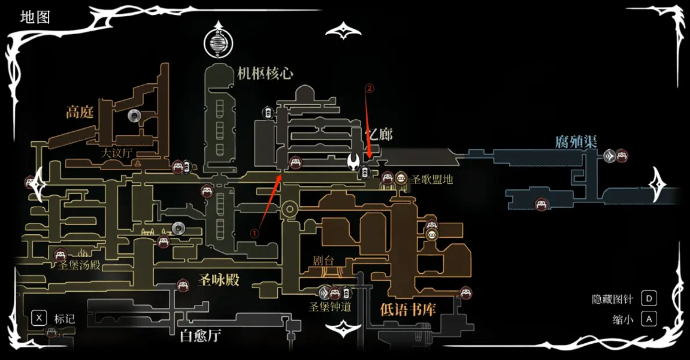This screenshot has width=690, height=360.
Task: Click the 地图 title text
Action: coord(35,17)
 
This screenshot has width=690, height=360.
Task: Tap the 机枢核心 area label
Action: coord(265,73)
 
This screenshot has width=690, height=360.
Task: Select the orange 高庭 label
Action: coord(79,112)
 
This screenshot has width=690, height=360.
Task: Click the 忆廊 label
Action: coord(379,135)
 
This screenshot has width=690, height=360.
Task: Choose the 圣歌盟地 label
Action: coord(432,179)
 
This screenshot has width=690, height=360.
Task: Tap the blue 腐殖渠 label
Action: coord(576,142)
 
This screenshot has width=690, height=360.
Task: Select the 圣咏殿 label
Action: coord(218,280)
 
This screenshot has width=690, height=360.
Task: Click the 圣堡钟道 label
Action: coord(331,307)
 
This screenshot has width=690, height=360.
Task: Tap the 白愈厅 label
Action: coord(200,336)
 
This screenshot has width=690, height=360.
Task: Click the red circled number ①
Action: coord(254,232)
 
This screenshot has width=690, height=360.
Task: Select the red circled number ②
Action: coord(369,89)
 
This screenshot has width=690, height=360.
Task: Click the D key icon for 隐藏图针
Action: coord(649,299)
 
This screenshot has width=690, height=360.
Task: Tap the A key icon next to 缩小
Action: coord(649,319)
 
